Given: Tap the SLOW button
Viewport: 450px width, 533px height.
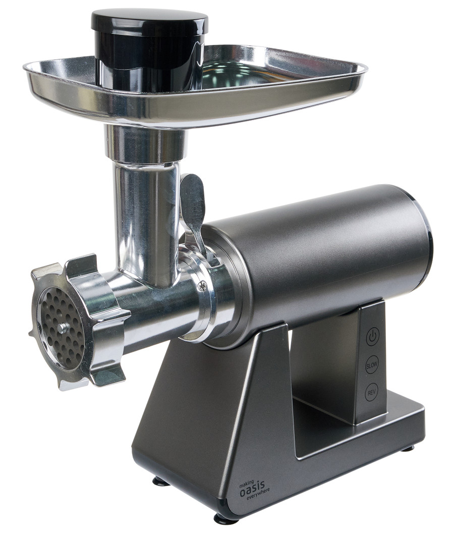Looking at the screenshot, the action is tap(371, 365).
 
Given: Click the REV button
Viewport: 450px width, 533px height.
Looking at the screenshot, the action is tap(372, 393).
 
